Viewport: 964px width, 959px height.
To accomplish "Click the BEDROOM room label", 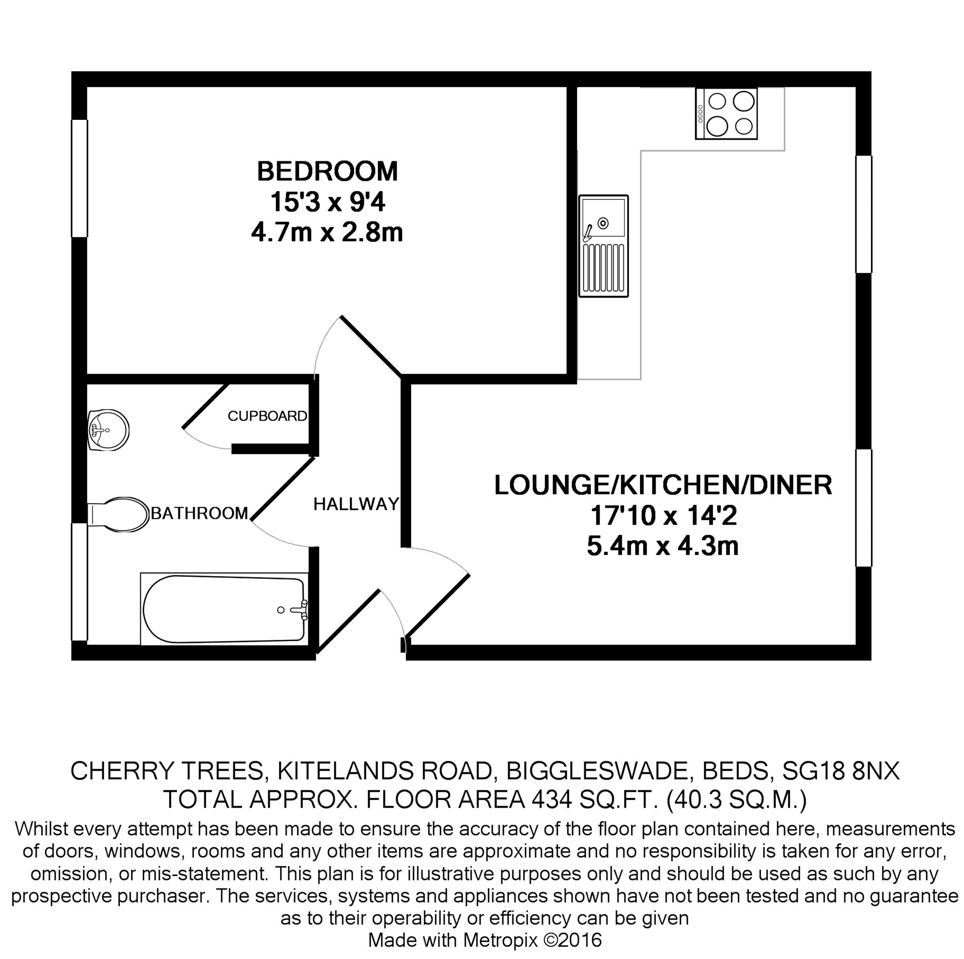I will [327, 171].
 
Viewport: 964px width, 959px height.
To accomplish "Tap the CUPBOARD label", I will [267, 416].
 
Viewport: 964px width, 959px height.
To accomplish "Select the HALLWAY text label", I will [356, 504].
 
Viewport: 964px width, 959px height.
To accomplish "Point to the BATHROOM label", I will [199, 513].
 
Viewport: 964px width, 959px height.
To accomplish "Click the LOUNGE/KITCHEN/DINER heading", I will [663, 485].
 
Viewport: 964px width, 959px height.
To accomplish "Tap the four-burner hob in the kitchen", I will [726, 114].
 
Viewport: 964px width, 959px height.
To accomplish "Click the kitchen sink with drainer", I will [603, 246].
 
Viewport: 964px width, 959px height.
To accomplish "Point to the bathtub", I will [224, 609].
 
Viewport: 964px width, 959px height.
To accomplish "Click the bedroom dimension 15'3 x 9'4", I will [327, 202].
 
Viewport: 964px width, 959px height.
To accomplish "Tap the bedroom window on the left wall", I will [80, 178].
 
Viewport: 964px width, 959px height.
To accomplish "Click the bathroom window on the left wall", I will [80, 581].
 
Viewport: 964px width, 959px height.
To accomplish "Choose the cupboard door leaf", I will [206, 406].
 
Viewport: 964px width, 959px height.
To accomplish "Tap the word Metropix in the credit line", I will [500, 940].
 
